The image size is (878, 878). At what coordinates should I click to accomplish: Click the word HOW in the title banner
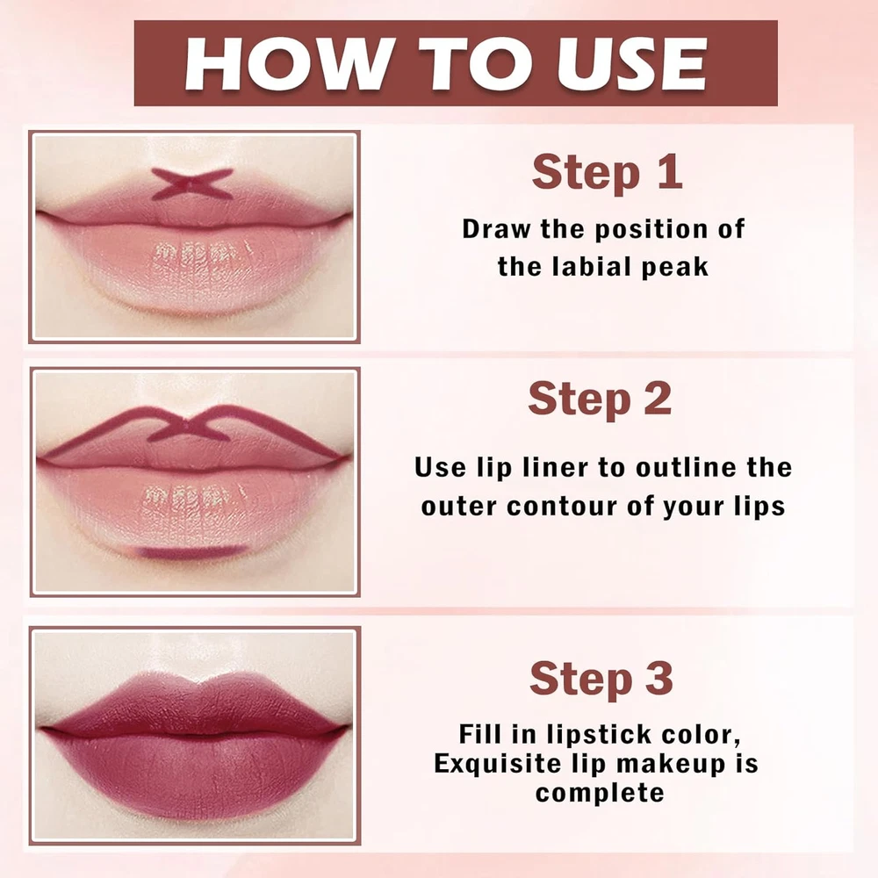pyautogui.click(x=287, y=62)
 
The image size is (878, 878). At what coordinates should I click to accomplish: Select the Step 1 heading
pyautogui.click(x=608, y=172)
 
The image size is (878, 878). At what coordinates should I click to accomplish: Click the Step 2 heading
pyautogui.click(x=600, y=399)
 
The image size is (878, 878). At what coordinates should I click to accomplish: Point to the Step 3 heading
pyautogui.click(x=601, y=679)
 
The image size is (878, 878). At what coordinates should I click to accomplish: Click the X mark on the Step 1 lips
pyautogui.click(x=192, y=184)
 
